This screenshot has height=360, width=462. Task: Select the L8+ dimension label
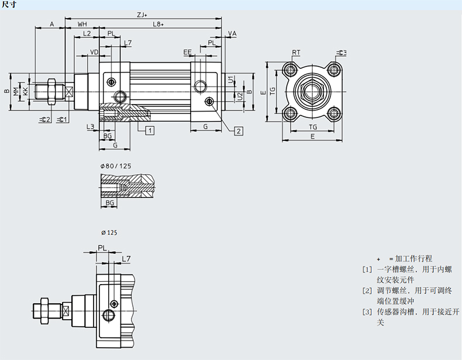158,24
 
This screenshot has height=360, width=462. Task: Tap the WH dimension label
82,24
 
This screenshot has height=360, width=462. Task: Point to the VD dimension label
93,53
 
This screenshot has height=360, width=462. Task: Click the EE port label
187,53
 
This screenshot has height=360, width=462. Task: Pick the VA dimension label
232,34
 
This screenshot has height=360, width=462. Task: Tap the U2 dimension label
240,96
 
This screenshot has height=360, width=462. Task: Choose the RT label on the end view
296,53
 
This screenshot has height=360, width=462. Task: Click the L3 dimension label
90,127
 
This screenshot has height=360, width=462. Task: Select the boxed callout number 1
150,130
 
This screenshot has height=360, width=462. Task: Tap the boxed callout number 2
239,130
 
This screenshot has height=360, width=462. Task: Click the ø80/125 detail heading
116,166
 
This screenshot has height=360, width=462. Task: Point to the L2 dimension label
87,34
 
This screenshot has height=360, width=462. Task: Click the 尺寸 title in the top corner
9,5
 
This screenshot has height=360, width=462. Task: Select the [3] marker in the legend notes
367,311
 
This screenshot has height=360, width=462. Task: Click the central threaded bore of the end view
312,91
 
